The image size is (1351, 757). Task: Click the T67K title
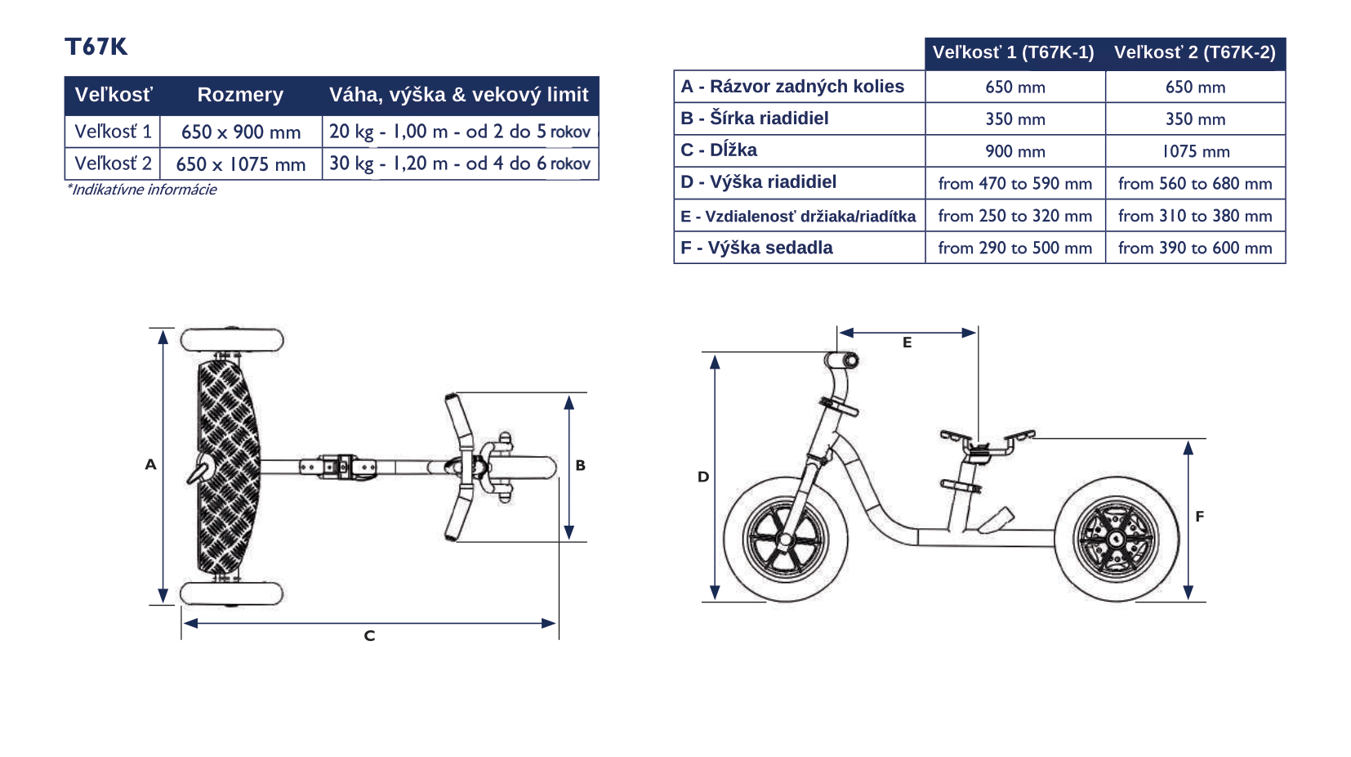click(x=96, y=47)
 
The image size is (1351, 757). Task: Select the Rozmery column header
click(x=240, y=95)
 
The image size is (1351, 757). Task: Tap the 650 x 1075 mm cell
click(x=241, y=163)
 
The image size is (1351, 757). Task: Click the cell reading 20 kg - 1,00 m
click(x=460, y=132)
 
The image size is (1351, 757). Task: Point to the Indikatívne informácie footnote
click(x=141, y=190)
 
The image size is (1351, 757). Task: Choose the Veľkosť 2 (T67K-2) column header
click(x=1195, y=52)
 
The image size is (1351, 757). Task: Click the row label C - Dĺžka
click(x=718, y=150)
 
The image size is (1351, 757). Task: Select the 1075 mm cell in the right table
click(x=1195, y=151)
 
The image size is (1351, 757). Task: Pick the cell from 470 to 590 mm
click(x=1015, y=183)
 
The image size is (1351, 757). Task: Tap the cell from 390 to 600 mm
click(x=1195, y=248)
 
